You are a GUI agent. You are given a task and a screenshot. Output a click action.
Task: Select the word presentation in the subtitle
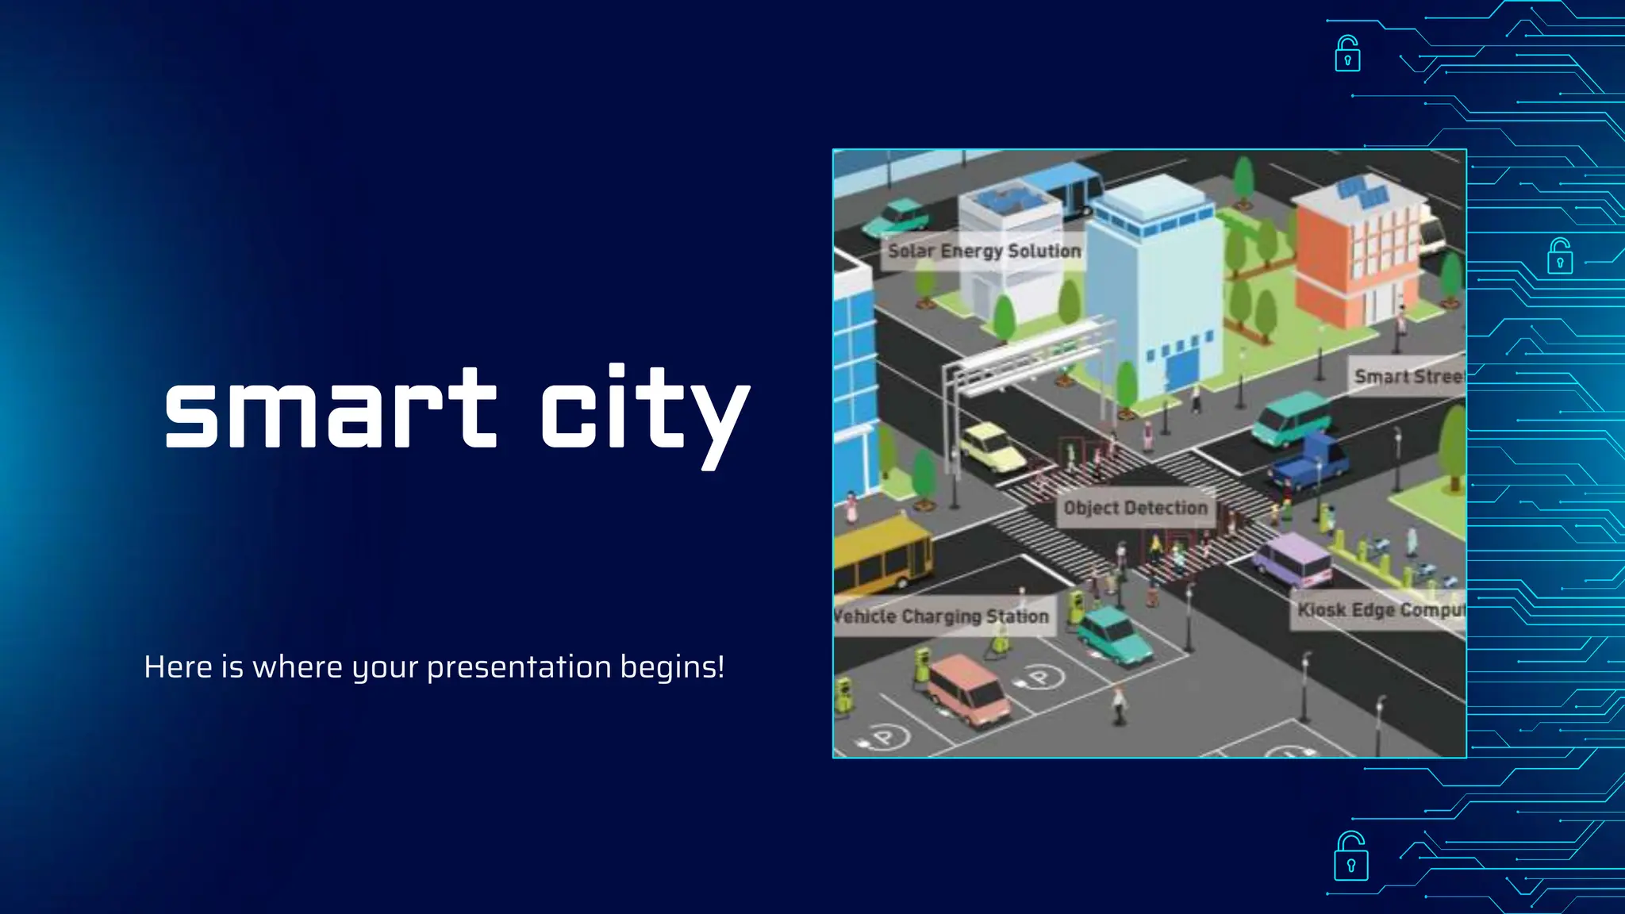tap(519, 667)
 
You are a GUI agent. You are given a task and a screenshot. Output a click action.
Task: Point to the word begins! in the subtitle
tap(672, 667)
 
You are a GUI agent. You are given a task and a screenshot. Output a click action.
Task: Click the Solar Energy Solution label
tap(984, 251)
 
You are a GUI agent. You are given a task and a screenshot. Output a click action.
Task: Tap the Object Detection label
tap(1135, 508)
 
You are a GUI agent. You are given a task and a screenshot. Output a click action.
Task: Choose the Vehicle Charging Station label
tap(943, 616)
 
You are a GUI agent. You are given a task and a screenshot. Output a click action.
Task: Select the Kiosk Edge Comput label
tap(1380, 609)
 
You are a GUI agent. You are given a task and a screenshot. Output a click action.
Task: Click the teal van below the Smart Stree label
tap(1291, 419)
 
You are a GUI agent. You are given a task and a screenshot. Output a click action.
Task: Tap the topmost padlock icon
tap(1347, 54)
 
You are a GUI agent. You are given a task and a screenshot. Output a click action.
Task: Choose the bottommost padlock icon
tap(1350, 856)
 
